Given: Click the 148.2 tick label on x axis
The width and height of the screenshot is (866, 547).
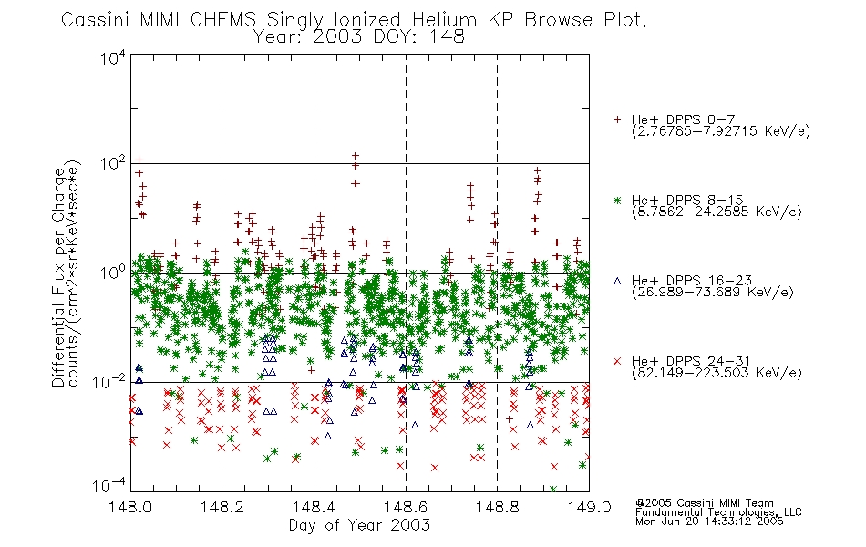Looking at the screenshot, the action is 222,507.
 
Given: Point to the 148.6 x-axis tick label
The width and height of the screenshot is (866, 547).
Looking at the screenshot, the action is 405,507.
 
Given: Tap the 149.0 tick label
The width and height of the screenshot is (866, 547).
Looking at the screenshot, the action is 589,507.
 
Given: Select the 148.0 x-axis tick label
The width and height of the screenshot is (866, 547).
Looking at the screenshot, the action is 130,507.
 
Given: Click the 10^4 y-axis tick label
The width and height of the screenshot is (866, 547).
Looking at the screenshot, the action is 113,57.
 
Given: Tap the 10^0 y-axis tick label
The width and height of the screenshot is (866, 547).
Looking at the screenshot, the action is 113,273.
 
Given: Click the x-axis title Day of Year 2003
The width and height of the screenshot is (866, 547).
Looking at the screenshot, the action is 359,525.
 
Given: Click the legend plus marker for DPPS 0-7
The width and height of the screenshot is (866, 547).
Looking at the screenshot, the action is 617,119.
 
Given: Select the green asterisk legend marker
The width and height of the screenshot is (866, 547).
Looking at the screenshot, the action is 617,200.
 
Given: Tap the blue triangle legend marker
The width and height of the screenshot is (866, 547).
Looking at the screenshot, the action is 617,281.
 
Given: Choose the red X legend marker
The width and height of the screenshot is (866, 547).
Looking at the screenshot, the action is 617,361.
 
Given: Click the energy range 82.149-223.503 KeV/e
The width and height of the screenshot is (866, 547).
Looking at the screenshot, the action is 717,373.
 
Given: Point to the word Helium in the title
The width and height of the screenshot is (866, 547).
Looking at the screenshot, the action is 444,20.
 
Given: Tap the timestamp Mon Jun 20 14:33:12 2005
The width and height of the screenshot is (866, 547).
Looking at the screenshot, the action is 709,521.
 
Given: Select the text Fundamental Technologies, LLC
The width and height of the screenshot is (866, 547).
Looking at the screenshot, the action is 718,512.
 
